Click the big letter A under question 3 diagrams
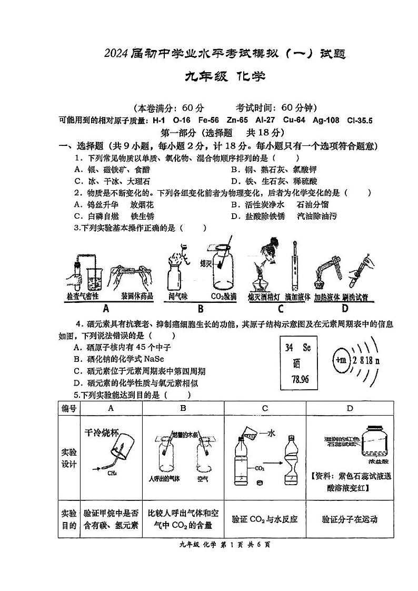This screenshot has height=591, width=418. [x=106, y=309]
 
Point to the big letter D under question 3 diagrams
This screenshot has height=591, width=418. [x=345, y=308]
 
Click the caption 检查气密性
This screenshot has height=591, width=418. [x=83, y=296]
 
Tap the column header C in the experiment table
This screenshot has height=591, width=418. [x=265, y=408]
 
